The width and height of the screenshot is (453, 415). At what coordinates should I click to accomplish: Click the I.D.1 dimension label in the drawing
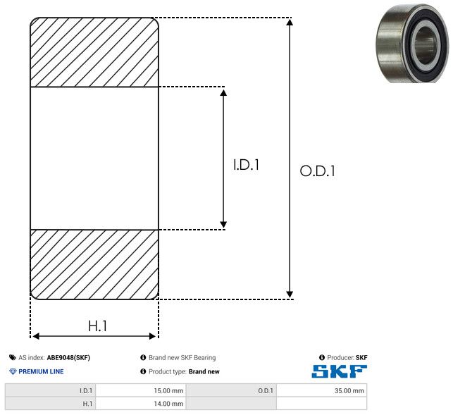tap(246, 165)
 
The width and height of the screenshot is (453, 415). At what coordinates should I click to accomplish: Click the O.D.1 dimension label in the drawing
tap(318, 171)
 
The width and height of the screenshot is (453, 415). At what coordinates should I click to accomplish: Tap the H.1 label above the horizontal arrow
tap(97, 326)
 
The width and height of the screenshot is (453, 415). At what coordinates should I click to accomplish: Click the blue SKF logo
tap(339, 371)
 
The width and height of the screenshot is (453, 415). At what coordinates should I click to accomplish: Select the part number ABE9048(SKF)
tap(68, 357)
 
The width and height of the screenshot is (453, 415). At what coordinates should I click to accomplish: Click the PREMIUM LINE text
tap(41, 371)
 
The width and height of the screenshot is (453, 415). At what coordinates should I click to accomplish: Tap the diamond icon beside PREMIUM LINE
tap(13, 371)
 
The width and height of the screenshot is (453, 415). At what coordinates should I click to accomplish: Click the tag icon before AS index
tap(13, 357)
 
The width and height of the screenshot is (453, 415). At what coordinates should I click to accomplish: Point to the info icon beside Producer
tap(322, 357)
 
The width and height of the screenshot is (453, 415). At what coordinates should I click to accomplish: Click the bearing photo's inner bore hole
tap(424, 45)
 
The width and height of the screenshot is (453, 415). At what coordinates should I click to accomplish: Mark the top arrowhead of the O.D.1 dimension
tap(290, 23)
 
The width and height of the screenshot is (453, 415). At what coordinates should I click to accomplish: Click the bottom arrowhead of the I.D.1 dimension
tap(223, 224)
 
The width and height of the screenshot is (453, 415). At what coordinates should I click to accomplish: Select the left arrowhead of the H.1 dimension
tap(36, 336)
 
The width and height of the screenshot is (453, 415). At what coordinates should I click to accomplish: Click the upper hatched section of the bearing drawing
tap(94, 52)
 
